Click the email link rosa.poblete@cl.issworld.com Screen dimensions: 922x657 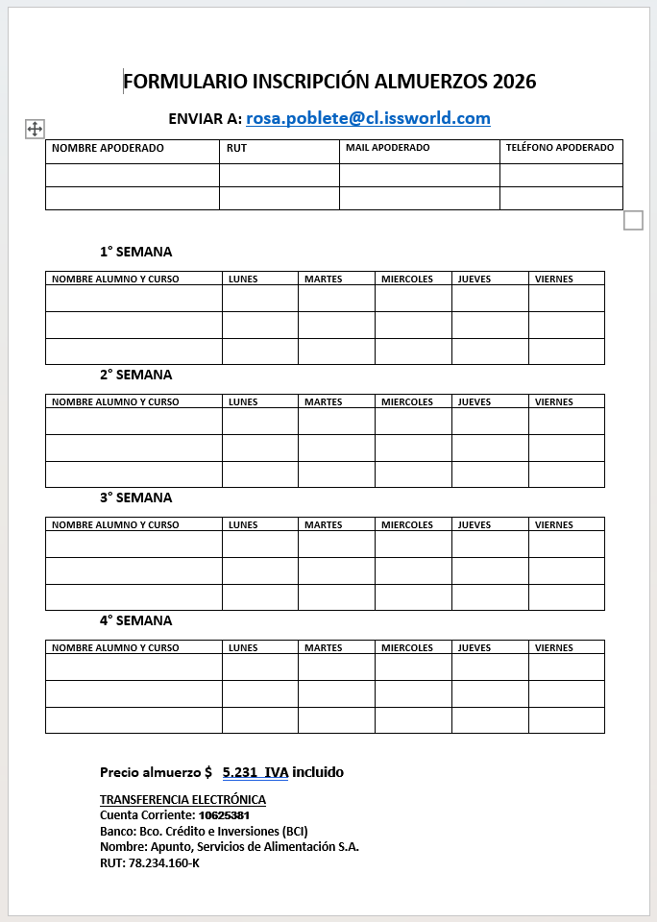pyautogui.click(x=368, y=119)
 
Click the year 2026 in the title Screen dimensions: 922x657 pyautogui.click(x=514, y=82)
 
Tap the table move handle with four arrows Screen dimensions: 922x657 pyautogui.click(x=35, y=130)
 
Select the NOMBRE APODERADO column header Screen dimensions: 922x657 pyautogui.click(x=108, y=148)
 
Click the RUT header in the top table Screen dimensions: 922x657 pyautogui.click(x=236, y=148)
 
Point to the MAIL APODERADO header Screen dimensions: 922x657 pyautogui.click(x=387, y=148)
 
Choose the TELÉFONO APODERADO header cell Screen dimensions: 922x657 pyautogui.click(x=560, y=148)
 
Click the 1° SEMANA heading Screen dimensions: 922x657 pyautogui.click(x=136, y=252)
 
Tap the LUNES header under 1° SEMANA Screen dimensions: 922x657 pyautogui.click(x=243, y=279)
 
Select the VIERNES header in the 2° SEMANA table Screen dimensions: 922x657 pyautogui.click(x=553, y=402)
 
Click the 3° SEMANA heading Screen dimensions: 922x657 pyautogui.click(x=136, y=497)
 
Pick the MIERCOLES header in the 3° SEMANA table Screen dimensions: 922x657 pyautogui.click(x=407, y=525)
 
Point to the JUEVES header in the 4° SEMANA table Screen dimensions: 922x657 pyautogui.click(x=474, y=648)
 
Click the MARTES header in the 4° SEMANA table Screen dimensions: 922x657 pyautogui.click(x=323, y=648)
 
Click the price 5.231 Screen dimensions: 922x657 pyautogui.click(x=239, y=772)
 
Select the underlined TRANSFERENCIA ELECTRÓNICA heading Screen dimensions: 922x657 pyautogui.click(x=182, y=800)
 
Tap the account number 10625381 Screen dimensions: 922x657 pyautogui.click(x=231, y=815)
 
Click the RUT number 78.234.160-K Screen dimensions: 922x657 pyautogui.click(x=164, y=862)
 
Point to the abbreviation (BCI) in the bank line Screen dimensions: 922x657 pyautogui.click(x=292, y=832)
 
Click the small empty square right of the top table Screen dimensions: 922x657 pyautogui.click(x=633, y=221)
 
